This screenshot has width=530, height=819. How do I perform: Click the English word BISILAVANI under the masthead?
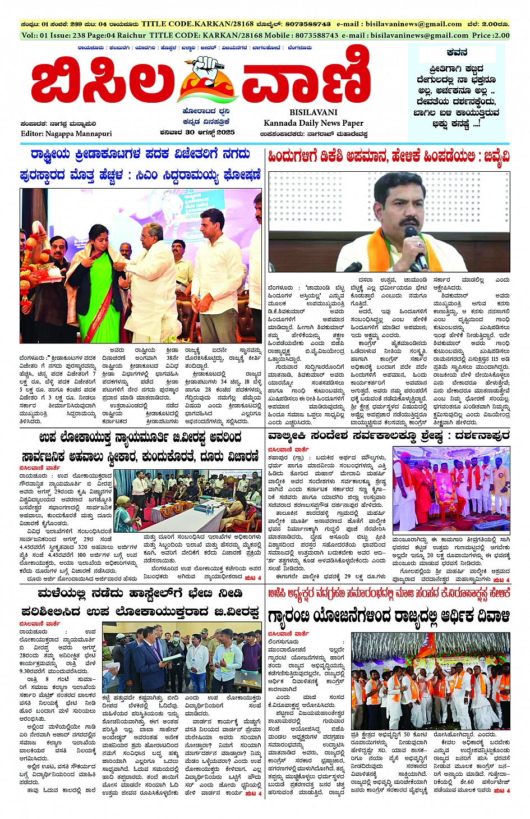click(314, 112)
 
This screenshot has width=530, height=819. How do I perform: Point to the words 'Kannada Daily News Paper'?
click(314, 123)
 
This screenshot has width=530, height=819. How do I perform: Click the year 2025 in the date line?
click(225, 132)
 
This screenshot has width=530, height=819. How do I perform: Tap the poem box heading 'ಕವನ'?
click(457, 52)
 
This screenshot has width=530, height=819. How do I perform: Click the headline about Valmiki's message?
click(389, 436)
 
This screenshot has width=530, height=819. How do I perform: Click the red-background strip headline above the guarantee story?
click(389, 593)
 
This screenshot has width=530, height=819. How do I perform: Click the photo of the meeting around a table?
click(196, 500)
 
